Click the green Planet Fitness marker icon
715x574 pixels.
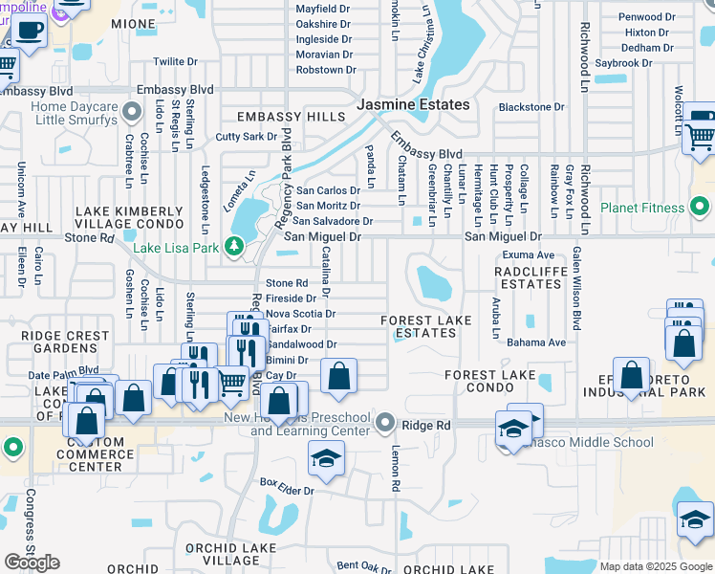pos(701,207)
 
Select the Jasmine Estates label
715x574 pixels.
pos(413,104)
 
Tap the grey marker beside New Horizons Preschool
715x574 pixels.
pos(385,422)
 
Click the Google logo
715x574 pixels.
pos(32,563)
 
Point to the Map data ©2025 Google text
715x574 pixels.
pos(656,566)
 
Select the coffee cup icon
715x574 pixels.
pos(29,30)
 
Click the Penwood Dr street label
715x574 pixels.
pos(646,17)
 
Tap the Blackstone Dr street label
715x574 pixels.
pos(532,107)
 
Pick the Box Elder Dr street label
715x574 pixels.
pos(289,491)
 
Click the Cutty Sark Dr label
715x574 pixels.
pos(247,137)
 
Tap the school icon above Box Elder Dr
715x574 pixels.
pos(326,459)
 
